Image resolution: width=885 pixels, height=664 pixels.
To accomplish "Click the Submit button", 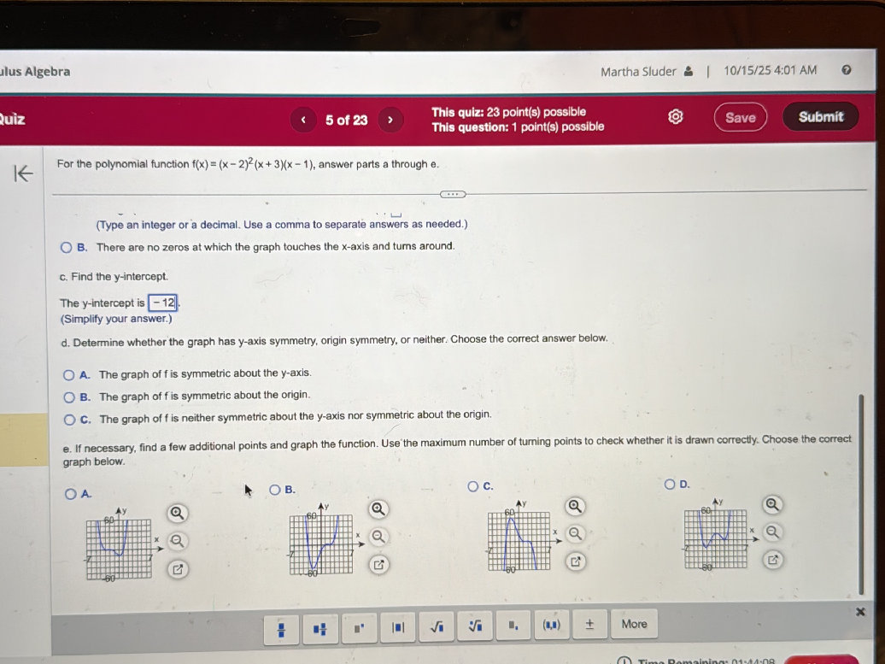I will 821,117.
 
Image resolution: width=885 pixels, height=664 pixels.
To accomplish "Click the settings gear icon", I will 676,117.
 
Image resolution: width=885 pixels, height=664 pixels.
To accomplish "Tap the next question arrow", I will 390,120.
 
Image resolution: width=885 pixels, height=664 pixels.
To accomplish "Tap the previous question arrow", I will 303,120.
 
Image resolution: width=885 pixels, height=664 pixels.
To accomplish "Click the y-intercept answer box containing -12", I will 162,303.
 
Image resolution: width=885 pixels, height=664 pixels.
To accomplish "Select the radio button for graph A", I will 69,493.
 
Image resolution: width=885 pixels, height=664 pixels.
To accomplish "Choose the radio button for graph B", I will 275,490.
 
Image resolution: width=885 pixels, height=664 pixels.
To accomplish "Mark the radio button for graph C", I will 473,486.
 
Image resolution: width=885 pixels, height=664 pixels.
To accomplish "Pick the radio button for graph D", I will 671,485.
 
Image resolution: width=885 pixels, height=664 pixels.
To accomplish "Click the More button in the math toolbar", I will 634,624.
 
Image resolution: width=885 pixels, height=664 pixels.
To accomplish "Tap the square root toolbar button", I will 436,626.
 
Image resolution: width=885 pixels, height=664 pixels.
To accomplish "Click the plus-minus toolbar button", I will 589,624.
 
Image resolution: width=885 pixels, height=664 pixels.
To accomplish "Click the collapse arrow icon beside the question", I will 24,173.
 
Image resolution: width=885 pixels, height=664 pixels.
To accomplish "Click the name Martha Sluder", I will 638,72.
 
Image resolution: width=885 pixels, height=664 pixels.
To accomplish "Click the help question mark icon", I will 846,71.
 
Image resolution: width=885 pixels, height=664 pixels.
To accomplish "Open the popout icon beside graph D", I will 773,560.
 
